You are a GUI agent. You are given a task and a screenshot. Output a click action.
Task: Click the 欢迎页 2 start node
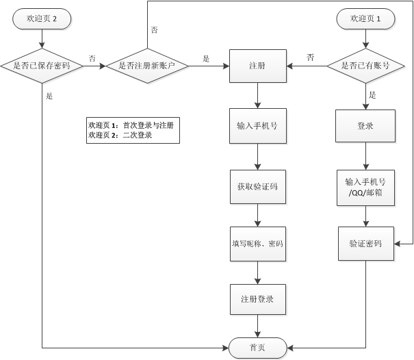tap(42, 19)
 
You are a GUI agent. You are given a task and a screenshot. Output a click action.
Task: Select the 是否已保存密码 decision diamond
tap(42, 66)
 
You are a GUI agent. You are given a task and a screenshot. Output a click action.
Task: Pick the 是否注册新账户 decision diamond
tap(146, 66)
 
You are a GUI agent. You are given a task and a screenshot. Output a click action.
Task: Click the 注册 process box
tap(257, 66)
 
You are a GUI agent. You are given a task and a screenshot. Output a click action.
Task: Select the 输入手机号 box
tap(257, 127)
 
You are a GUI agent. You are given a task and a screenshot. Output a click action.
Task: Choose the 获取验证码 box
tap(257, 185)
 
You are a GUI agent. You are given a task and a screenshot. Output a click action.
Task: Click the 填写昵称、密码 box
tap(257, 244)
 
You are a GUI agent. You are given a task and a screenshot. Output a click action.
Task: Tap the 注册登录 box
tap(257, 300)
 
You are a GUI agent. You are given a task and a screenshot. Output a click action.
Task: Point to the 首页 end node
tap(257, 348)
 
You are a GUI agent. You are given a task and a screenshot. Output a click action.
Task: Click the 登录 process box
tap(365, 127)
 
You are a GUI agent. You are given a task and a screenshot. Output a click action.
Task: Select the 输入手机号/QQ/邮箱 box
tap(365, 186)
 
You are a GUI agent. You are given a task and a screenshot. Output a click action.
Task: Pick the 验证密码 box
tap(365, 244)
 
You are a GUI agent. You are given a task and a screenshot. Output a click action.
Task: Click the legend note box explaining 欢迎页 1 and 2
tap(133, 130)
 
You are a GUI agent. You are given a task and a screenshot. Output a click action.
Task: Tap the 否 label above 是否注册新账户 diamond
tap(154, 30)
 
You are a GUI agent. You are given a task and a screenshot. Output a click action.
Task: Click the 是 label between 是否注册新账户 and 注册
tap(206, 59)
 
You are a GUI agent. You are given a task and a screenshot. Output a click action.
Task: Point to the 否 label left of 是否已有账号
tap(310, 57)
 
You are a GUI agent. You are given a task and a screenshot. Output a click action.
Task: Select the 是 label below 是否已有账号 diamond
tap(372, 95)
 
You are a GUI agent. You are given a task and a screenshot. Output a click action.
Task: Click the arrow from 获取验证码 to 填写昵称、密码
tap(257, 215)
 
